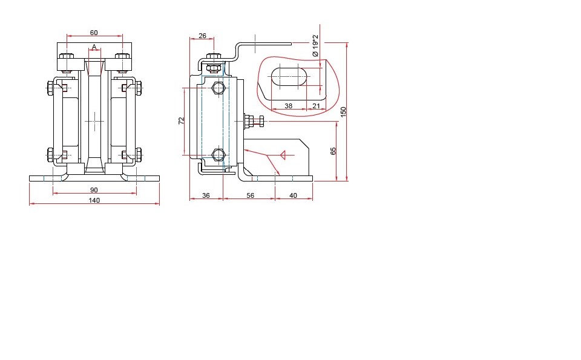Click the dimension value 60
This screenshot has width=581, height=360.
tap(94, 33)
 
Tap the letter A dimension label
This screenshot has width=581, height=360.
tap(94, 47)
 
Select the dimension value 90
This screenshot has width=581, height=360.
tap(94, 190)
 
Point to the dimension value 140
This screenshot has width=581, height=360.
tap(94, 200)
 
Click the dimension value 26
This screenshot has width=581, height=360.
tap(202, 36)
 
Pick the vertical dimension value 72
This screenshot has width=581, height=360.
tap(181, 121)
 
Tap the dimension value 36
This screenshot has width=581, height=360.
tap(206, 195)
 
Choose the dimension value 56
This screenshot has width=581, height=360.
tap(251, 195)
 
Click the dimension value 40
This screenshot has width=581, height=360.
tap(293, 195)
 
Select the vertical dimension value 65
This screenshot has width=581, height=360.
tap(333, 151)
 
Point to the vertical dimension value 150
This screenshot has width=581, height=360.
tap(343, 112)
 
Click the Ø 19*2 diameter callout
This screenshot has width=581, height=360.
tap(315, 45)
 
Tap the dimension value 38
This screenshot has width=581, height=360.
tap(288, 106)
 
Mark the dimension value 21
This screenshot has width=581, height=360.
tap(316, 106)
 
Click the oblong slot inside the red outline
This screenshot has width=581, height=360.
tap(289, 77)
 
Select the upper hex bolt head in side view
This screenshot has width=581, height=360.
tap(218, 88)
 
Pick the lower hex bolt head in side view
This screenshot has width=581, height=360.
tap(218, 155)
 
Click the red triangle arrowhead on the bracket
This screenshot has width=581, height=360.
tap(283, 155)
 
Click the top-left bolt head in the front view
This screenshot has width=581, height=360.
tap(67, 57)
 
